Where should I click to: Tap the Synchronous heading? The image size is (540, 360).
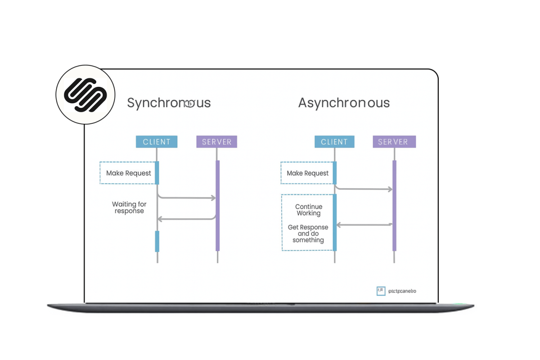click(169, 103)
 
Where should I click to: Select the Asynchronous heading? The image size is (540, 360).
click(344, 103)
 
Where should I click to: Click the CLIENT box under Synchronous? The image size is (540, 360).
click(157, 142)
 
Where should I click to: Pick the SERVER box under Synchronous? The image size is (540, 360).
click(216, 142)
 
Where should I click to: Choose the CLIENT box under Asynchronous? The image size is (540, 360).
click(334, 142)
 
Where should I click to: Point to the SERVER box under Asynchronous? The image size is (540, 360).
click(394, 142)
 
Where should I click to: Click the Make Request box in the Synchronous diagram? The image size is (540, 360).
click(129, 173)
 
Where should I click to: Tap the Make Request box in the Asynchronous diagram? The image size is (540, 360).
click(307, 173)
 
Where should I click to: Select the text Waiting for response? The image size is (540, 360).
click(129, 207)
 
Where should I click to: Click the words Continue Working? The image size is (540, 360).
click(309, 210)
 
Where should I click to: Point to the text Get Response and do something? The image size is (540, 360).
click(308, 234)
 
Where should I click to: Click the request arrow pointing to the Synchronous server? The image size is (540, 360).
click(187, 198)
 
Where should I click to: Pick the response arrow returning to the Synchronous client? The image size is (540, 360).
click(187, 219)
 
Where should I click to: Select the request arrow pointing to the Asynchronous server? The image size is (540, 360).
click(364, 189)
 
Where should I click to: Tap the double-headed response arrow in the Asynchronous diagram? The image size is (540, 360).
click(364, 224)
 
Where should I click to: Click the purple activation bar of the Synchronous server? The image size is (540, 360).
click(218, 205)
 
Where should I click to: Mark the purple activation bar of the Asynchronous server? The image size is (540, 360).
click(395, 205)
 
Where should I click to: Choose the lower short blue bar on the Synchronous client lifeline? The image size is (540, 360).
click(157, 241)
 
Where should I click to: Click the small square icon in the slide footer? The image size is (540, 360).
click(381, 291)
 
